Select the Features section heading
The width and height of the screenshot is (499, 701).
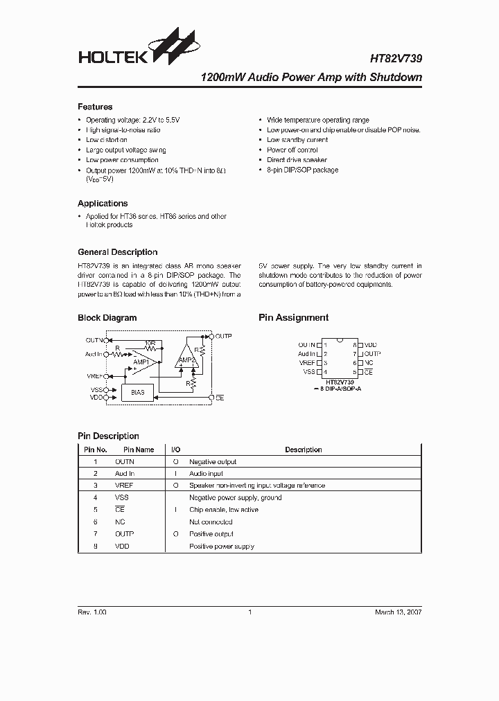click(95, 107)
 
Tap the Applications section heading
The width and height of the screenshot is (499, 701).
click(103, 204)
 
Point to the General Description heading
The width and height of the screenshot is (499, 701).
click(118, 252)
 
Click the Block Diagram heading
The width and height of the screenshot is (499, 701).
click(107, 318)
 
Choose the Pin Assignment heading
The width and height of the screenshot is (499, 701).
click(293, 318)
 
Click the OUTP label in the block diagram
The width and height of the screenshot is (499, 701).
click(223, 336)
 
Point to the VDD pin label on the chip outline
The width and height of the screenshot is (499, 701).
click(370, 344)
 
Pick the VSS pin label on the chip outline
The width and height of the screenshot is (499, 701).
click(309, 372)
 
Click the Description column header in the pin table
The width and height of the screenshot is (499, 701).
click(303, 450)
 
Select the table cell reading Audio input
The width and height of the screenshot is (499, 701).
click(207, 474)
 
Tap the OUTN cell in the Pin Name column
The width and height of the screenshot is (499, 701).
click(125, 461)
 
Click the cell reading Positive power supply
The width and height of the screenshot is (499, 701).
click(222, 547)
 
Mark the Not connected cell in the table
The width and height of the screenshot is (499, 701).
click(211, 522)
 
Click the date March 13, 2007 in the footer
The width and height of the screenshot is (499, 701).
click(398, 612)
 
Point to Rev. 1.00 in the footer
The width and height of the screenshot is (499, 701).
click(92, 612)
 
